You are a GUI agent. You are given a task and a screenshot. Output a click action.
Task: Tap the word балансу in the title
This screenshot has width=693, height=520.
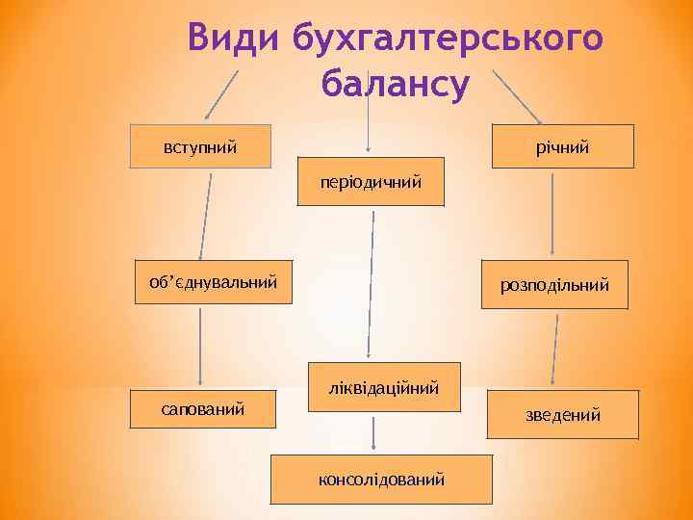[396, 85]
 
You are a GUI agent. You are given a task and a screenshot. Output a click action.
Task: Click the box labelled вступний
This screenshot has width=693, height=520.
[201, 147]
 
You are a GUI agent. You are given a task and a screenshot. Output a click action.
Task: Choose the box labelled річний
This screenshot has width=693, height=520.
[563, 146]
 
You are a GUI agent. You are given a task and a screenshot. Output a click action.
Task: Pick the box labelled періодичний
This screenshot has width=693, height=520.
[371, 181]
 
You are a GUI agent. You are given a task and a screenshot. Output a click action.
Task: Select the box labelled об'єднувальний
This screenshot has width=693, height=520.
[213, 282]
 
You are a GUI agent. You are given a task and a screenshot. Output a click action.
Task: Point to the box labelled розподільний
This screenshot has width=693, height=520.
[554, 285]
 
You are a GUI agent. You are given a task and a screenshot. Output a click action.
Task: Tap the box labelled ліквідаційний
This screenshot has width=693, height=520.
[384, 387]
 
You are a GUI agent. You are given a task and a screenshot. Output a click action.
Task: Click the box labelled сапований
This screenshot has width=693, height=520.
[203, 410]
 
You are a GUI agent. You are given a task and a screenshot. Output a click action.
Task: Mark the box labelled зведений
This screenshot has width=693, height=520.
[563, 414]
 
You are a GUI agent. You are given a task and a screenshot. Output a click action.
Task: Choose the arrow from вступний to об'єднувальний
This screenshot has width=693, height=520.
[205, 214]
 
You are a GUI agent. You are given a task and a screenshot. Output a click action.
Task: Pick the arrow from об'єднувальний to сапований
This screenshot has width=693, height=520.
[200, 347]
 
